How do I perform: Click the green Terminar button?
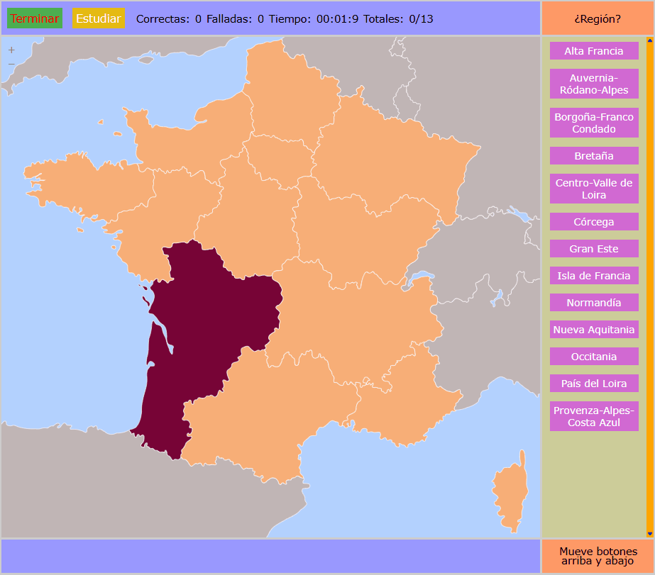(35, 18)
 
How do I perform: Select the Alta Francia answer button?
(594, 51)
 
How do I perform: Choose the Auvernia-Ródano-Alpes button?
(594, 84)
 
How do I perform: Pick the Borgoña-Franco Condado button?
(594, 123)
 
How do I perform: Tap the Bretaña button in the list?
(594, 156)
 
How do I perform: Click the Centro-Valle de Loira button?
(594, 189)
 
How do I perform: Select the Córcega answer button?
(594, 222)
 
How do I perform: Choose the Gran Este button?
(594, 249)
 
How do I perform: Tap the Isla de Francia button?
(594, 276)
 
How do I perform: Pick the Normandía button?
(594, 303)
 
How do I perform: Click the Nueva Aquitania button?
(594, 330)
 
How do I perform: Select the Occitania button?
(594, 357)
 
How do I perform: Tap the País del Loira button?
(594, 384)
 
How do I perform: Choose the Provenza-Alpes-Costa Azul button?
(594, 416)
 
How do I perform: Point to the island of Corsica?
(510, 493)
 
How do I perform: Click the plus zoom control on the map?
(11, 50)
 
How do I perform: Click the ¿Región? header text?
(597, 19)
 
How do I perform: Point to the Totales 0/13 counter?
(398, 19)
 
